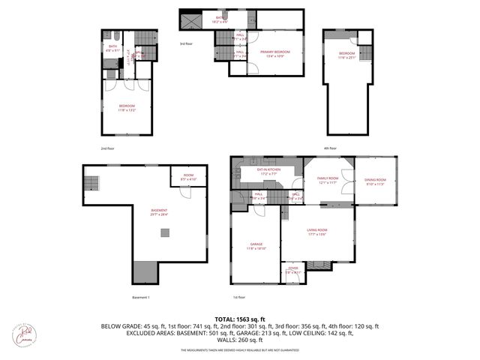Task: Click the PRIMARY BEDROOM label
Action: pos(275,52)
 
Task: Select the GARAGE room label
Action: pos(254,246)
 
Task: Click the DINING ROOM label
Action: pos(375,181)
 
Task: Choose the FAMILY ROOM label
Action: pos(328,179)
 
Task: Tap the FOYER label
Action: pos(292,271)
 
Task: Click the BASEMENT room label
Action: pos(160,211)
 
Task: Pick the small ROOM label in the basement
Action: pos(188,177)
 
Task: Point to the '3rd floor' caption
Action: pos(185,44)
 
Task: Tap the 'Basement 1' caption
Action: pos(142,298)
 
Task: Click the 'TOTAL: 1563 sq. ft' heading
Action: pos(240,319)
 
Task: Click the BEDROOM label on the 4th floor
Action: pos(346,54)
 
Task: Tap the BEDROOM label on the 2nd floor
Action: pos(127,107)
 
